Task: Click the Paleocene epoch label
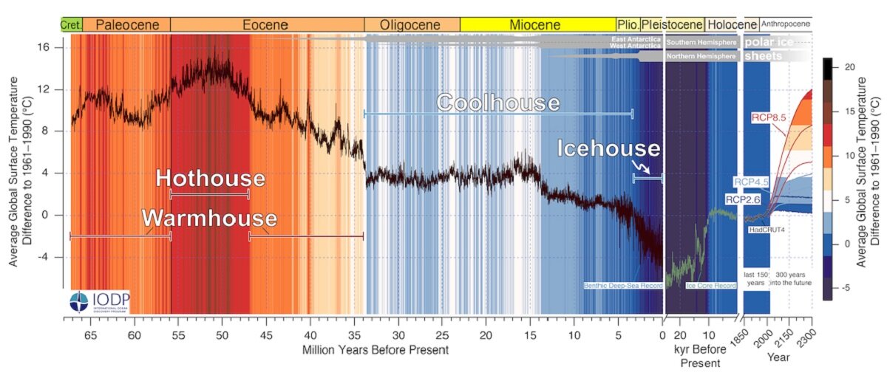tap(126, 24)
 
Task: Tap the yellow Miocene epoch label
tap(535, 24)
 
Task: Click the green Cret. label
tap(71, 24)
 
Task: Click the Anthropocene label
tap(785, 24)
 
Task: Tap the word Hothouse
tap(210, 179)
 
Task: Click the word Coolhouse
tap(497, 102)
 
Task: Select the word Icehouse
tap(608, 149)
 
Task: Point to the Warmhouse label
tap(209, 219)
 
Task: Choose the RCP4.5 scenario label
tap(752, 182)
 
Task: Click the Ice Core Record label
tap(712, 285)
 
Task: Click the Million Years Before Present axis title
tap(375, 349)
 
